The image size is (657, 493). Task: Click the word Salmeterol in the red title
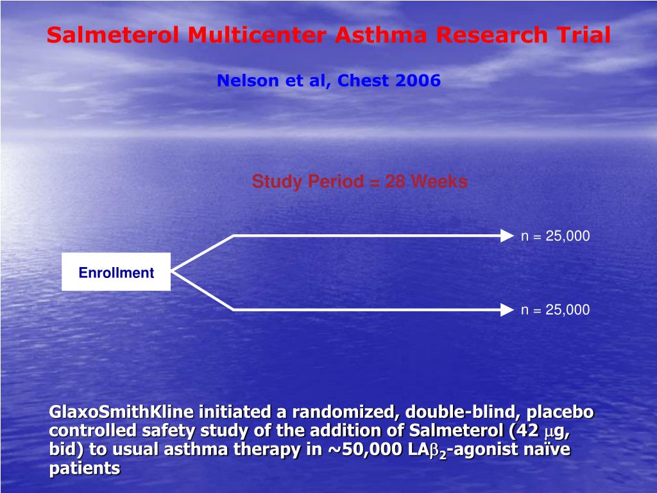[x=113, y=35]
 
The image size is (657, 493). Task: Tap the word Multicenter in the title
[x=257, y=35]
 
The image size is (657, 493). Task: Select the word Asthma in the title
[x=381, y=35]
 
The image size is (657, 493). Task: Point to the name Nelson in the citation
[x=248, y=80]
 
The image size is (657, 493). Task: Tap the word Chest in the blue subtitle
[x=363, y=80]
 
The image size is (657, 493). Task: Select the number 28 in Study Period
[x=395, y=182]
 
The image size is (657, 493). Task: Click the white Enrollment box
[x=116, y=272]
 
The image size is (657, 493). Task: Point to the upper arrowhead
[x=507, y=236]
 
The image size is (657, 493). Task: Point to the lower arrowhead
[x=507, y=310]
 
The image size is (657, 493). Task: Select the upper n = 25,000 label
[x=555, y=236]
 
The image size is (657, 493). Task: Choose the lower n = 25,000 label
[x=555, y=310]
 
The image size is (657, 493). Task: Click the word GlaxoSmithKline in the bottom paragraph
[x=121, y=411]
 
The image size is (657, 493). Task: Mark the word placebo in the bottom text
[x=560, y=413]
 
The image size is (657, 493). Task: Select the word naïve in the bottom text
[x=547, y=449]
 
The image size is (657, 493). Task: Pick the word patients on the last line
[x=85, y=468]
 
